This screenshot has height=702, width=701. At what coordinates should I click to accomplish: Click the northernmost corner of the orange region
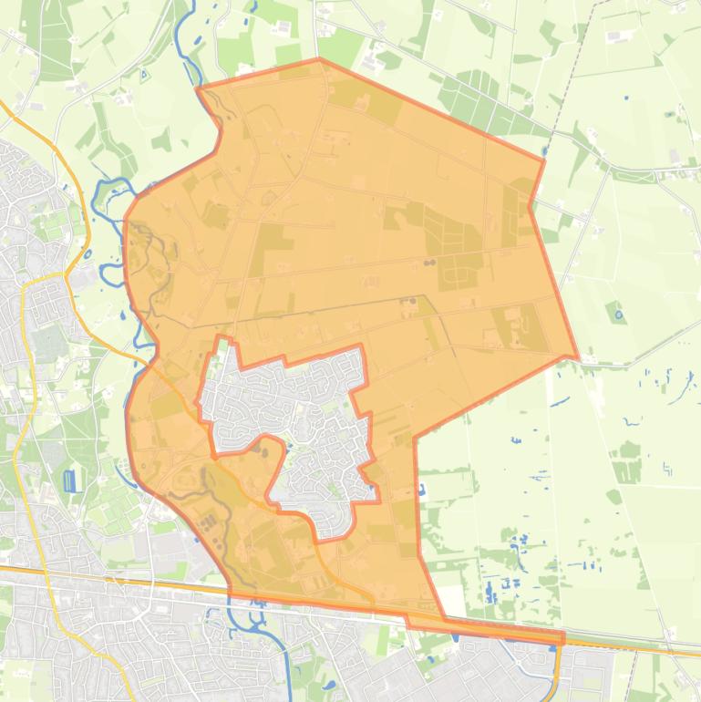[318, 59]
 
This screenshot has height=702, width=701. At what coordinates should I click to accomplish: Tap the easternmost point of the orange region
[577, 356]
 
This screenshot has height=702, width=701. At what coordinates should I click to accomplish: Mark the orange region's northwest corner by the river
[199, 88]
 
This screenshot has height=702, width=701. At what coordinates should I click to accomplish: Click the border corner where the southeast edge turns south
[415, 439]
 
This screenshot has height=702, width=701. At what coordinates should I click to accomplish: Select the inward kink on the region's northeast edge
[531, 206]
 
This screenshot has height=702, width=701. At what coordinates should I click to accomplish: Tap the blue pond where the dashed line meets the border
[544, 151]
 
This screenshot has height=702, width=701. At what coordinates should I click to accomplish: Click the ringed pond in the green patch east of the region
[619, 315]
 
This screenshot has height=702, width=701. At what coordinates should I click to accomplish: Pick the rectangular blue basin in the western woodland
[70, 480]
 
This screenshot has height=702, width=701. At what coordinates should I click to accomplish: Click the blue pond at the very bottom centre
[328, 684]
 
